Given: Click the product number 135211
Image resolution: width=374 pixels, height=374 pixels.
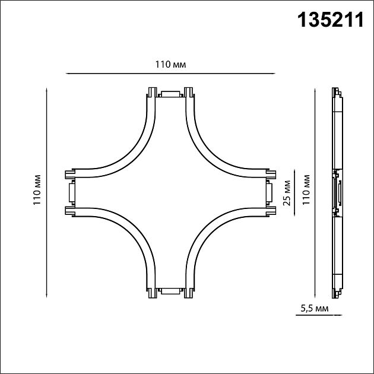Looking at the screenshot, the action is [331, 20].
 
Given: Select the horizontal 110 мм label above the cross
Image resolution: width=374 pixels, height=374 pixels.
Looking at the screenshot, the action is [170, 64].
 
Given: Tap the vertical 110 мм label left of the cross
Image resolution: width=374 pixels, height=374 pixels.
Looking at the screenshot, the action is [37, 190].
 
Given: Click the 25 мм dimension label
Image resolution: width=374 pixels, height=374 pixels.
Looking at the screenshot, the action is [287, 193].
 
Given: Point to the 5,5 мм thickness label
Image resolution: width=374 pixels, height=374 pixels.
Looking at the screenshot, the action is [315, 309].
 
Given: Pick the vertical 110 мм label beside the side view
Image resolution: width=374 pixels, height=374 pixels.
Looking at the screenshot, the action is [306, 189].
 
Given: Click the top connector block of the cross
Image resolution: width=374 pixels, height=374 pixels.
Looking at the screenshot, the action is [170, 94].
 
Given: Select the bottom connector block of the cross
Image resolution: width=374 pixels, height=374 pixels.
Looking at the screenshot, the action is [170, 291].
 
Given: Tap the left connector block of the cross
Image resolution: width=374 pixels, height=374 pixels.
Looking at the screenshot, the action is [72, 192].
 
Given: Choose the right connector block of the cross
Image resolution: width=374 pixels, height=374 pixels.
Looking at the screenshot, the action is [269, 192].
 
